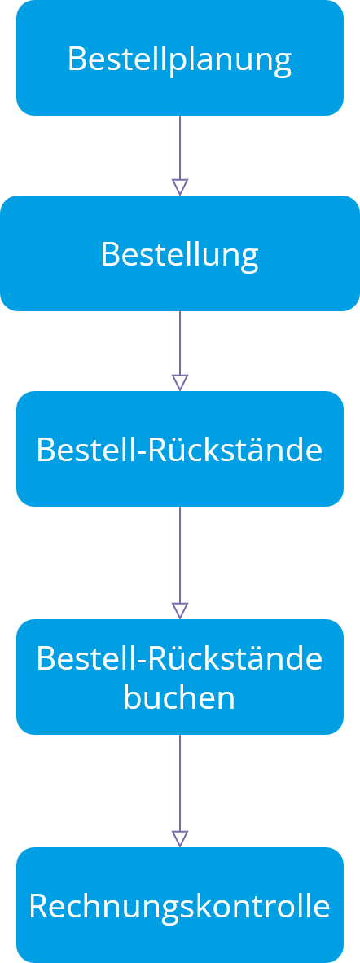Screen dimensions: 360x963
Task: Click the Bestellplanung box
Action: pyautogui.click(x=179, y=58)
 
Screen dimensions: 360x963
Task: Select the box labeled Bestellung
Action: pyautogui.click(x=179, y=253)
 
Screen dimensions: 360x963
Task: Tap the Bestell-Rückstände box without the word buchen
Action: pyautogui.click(x=179, y=449)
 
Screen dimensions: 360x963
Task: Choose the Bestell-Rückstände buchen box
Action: pyautogui.click(x=179, y=677)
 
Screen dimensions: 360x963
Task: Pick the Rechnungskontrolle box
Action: pyautogui.click(x=179, y=905)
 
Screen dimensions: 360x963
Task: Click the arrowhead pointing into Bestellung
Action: pyautogui.click(x=179, y=187)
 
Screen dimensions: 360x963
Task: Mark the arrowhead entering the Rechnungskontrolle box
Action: pyautogui.click(x=179, y=839)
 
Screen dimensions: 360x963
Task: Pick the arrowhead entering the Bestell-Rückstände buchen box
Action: pyautogui.click(x=179, y=611)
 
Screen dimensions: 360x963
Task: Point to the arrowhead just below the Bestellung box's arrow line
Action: pyautogui.click(x=179, y=383)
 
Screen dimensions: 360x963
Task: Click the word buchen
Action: pyautogui.click(x=179, y=697)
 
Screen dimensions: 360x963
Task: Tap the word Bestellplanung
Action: pyautogui.click(x=179, y=60)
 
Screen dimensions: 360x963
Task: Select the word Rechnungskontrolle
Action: pyautogui.click(x=179, y=906)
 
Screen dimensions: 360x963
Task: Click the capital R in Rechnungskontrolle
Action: pyautogui.click(x=38, y=907)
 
